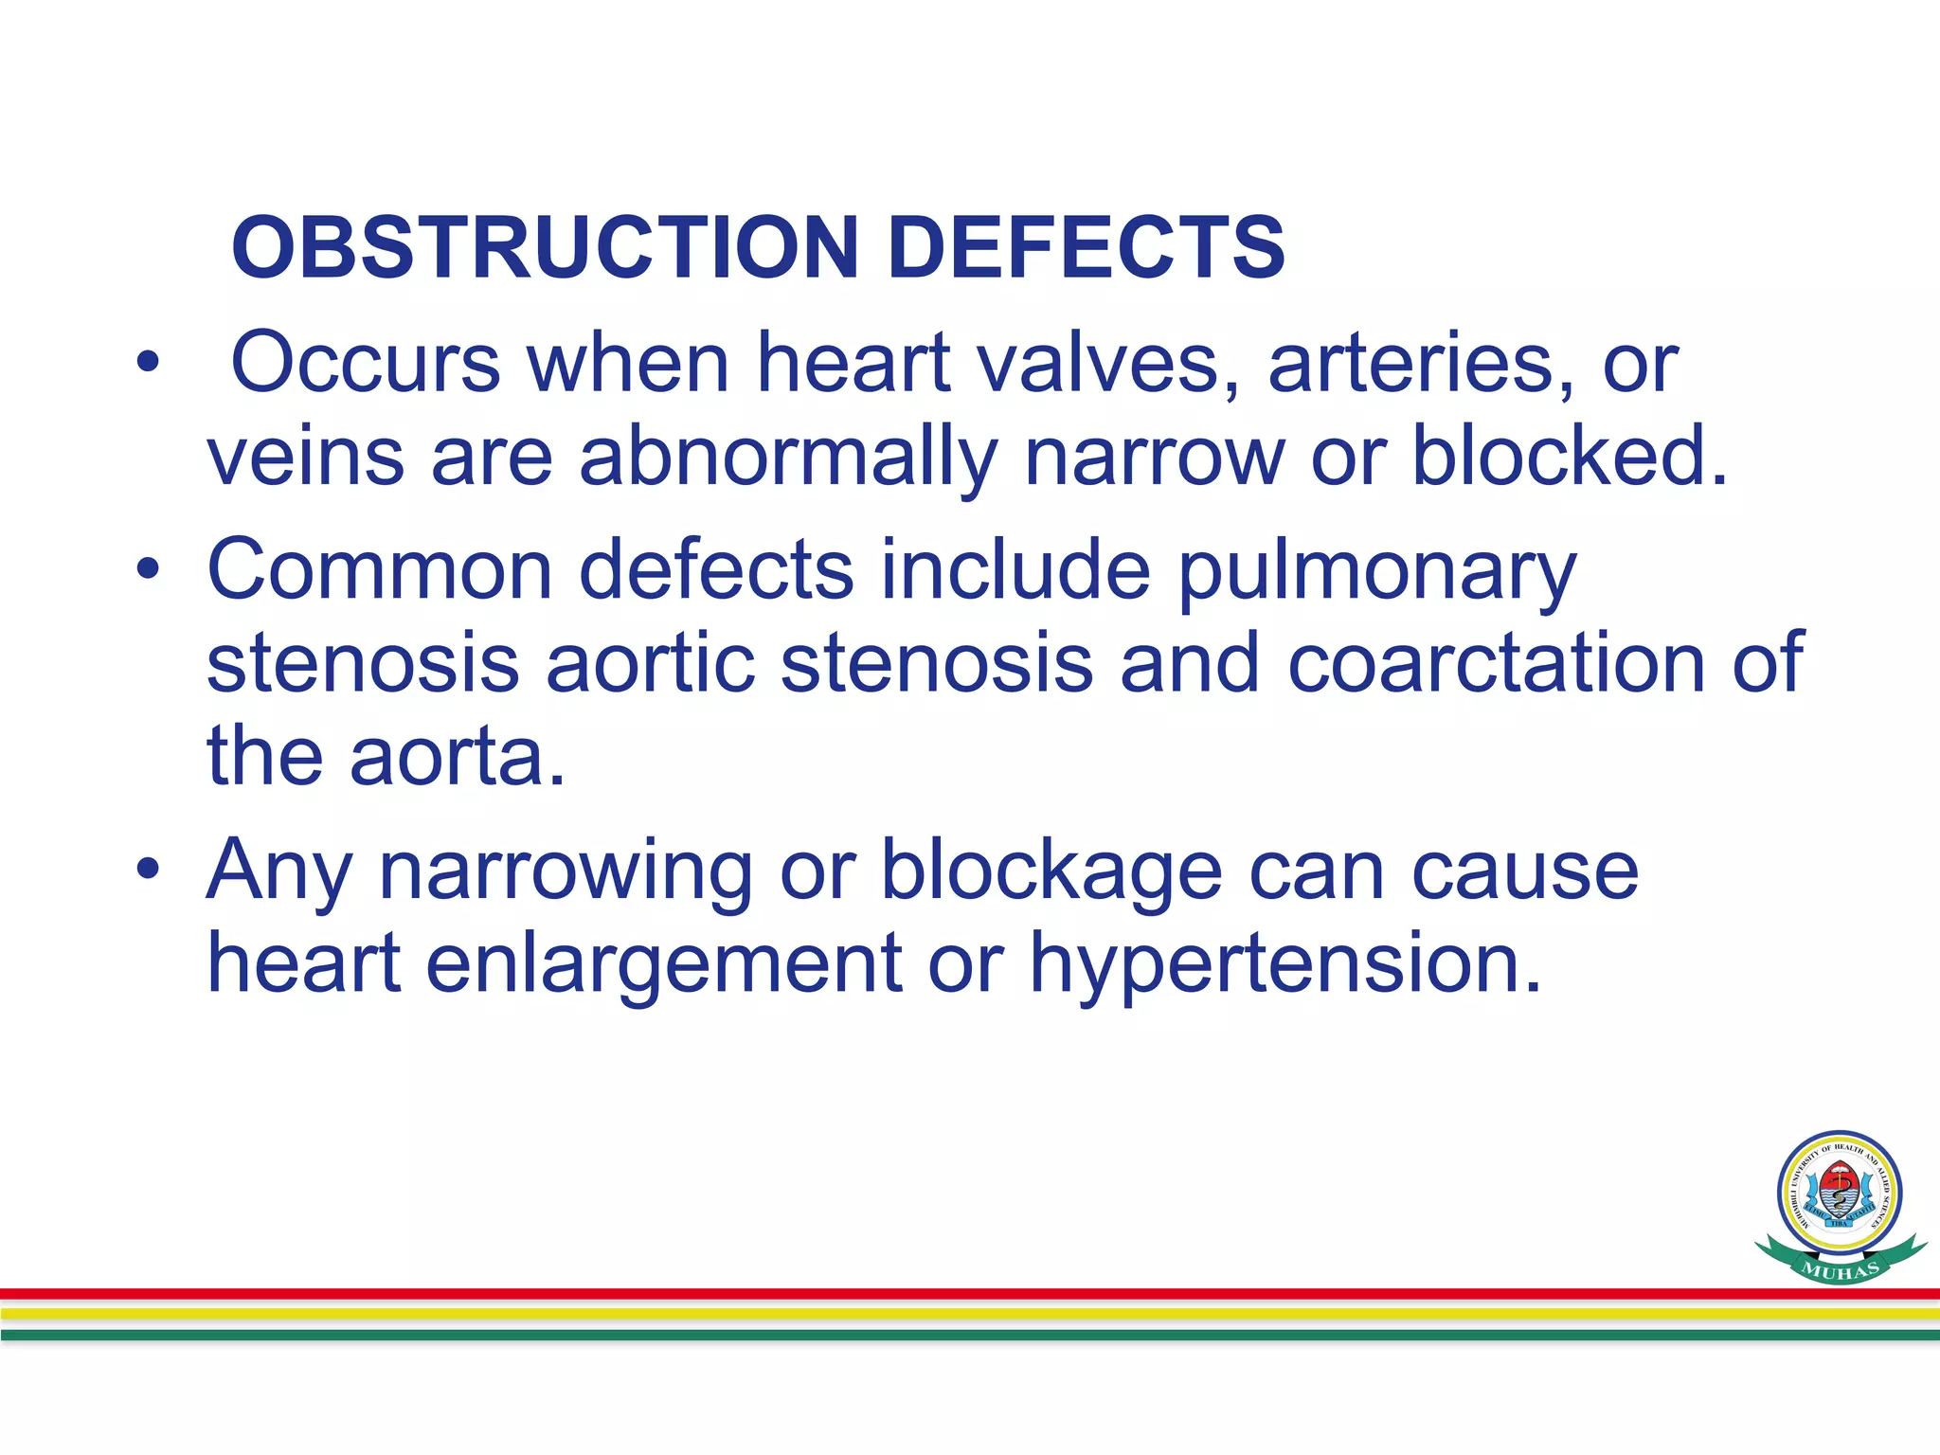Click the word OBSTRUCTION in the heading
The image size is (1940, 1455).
(545, 247)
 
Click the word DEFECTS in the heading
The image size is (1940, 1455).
(1087, 247)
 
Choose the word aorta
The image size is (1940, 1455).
(457, 758)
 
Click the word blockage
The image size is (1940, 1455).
(1052, 871)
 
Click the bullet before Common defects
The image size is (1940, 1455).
(148, 569)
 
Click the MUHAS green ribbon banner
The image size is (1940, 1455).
(1841, 1267)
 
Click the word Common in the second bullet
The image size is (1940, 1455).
(379, 569)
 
